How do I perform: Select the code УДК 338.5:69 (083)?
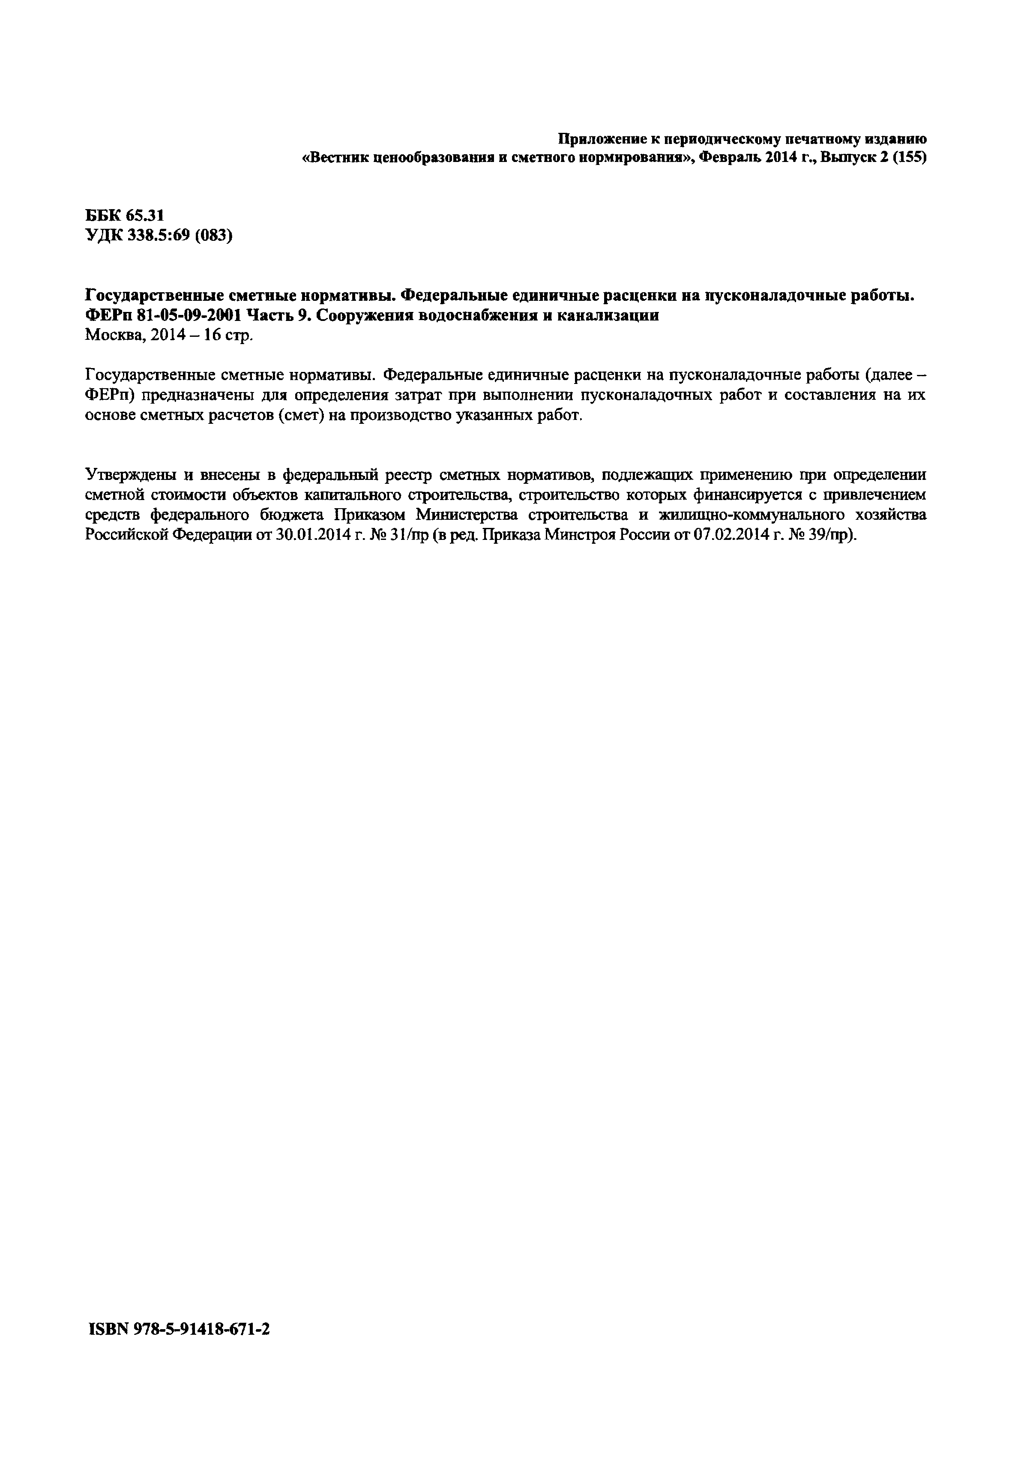[159, 236]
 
